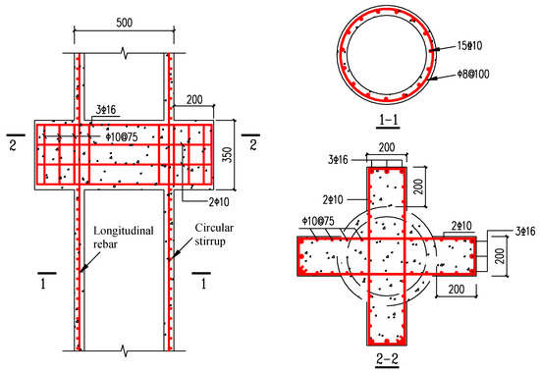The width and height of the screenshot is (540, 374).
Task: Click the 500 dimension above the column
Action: [x=125, y=23]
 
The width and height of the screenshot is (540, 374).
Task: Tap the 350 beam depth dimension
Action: [x=228, y=155]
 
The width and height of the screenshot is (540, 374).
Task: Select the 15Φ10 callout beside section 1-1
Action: [x=469, y=45]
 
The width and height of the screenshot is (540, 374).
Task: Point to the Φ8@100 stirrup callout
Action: [x=473, y=74]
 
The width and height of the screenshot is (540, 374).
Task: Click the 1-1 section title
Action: [x=388, y=120]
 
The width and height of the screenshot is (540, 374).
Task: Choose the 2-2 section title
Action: [x=388, y=359]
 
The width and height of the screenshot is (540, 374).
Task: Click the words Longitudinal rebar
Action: [x=124, y=238]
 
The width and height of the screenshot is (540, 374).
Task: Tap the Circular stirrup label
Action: [x=214, y=235]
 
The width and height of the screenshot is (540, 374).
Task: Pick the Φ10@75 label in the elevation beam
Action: [x=122, y=137]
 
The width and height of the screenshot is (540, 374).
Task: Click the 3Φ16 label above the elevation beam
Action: [x=106, y=110]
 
